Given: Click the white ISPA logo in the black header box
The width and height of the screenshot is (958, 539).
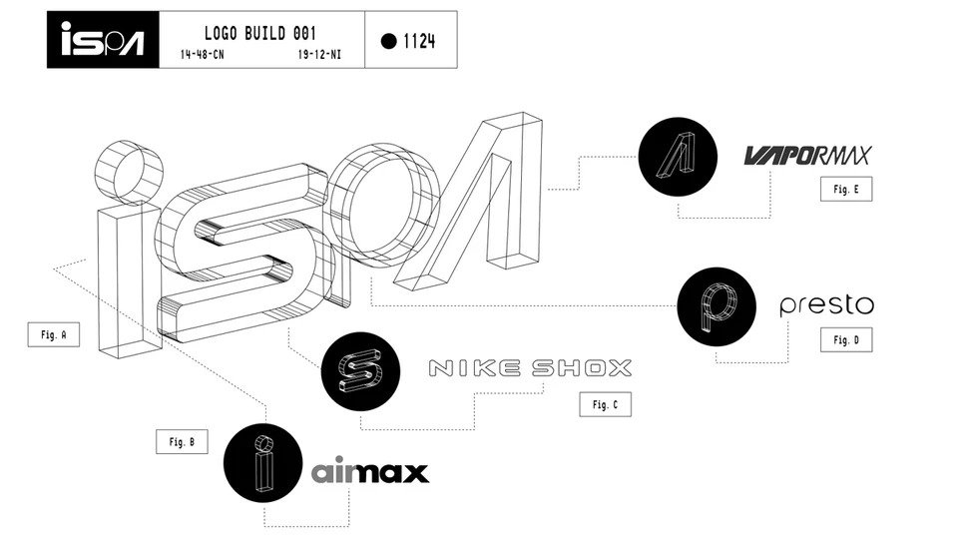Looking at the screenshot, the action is pos(103,39).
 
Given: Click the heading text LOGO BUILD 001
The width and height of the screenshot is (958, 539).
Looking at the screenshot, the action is pos(260,33).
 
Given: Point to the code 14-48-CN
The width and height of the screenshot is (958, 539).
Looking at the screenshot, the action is pos(203,54).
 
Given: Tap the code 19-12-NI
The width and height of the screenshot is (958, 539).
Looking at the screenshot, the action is pos(319,54).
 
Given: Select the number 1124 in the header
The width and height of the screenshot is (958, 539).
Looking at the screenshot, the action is pos(419,41).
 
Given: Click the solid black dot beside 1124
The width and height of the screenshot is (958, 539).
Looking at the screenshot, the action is pos(388,41).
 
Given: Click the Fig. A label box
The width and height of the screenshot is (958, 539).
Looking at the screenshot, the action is pos(54,335).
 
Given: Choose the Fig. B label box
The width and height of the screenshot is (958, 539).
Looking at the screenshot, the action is pos(182,442).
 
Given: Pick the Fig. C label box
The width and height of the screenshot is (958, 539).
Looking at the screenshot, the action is pos(606,404).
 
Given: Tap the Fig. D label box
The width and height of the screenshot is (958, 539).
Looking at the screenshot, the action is pos(847,339).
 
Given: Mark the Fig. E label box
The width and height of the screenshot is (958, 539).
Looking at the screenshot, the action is pos(847,189).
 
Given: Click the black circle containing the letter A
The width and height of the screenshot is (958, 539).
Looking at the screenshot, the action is pos(678,157).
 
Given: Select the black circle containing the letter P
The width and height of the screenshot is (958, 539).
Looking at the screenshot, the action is pos(717,306).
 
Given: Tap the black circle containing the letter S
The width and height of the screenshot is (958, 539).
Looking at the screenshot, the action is pos(360,371).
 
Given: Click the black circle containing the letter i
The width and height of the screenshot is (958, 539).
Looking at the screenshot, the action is pos(262,463).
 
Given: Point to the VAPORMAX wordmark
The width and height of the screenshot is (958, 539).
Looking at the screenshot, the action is pos(807,156).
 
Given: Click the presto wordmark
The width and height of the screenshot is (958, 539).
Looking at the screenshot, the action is pos(827,305).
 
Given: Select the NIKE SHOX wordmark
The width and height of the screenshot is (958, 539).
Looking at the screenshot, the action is pos(530,368).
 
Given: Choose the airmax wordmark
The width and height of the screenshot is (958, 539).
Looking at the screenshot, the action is pos(370,473).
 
